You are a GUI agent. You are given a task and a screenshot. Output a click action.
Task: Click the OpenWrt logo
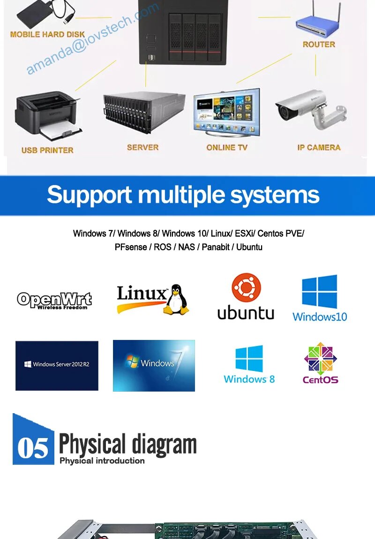pyautogui.click(x=54, y=300)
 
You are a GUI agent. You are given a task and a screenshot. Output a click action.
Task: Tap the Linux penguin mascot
pyautogui.click(x=177, y=299)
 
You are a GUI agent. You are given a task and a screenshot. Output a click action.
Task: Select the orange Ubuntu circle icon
pyautogui.click(x=246, y=287)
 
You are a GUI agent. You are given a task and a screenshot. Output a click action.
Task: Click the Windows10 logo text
pyautogui.click(x=320, y=316)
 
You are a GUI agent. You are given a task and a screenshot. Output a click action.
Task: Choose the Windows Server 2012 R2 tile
pyautogui.click(x=57, y=365)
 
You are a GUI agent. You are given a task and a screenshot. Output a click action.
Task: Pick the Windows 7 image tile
pyautogui.click(x=154, y=365)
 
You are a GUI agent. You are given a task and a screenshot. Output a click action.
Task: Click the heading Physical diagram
pyautogui.click(x=127, y=444)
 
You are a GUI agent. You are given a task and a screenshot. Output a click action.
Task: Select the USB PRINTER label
pyautogui.click(x=47, y=150)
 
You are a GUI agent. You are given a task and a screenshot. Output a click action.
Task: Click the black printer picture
pyautogui.click(x=47, y=115)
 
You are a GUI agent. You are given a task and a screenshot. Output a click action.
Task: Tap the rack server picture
pyautogui.click(x=143, y=112)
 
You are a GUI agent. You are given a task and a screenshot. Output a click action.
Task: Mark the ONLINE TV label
pyautogui.click(x=227, y=147)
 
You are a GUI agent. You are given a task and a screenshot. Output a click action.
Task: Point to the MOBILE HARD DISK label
pyautogui.click(x=47, y=34)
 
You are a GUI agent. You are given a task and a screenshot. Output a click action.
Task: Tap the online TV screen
pyautogui.click(x=226, y=113)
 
